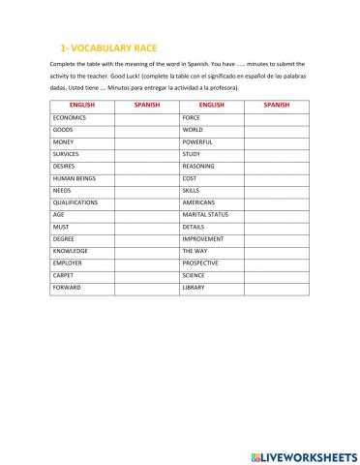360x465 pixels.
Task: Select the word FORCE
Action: tap(192, 117)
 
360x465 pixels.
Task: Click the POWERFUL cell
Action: tap(197, 141)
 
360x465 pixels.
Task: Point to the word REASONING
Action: tap(198, 166)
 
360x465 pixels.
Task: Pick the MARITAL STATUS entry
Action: tap(205, 214)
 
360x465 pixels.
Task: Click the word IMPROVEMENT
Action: tap(203, 238)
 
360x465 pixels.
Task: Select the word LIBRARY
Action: tap(194, 288)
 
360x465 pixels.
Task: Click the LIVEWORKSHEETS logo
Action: tap(301, 451)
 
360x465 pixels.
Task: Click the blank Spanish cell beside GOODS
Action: tap(146, 129)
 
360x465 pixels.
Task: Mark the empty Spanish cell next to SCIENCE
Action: tap(276, 275)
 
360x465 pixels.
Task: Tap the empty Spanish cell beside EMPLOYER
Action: tap(146, 263)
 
